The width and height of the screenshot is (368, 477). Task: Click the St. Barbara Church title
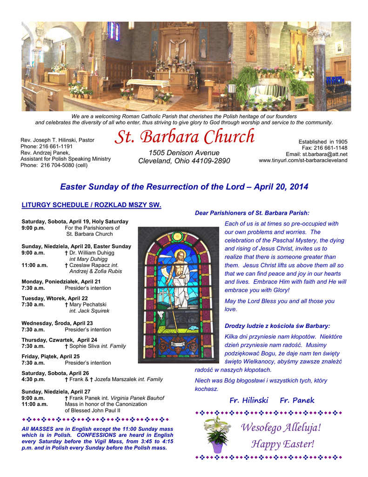tap(185, 136)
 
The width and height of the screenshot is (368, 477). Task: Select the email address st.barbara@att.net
tap(325, 154)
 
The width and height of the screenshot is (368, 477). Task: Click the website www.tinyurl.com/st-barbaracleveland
tap(303, 160)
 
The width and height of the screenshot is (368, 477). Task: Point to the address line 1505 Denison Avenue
tap(184, 153)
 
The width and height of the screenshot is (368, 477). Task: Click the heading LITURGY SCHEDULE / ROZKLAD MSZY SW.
tap(91, 205)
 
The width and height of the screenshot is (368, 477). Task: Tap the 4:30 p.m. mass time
tap(33, 379)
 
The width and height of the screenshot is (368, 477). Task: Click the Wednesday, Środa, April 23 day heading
tap(57, 323)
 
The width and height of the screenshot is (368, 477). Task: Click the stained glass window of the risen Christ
tap(178, 294)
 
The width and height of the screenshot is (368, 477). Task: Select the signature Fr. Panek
tap(297, 400)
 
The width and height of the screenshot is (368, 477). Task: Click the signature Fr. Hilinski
tap(248, 400)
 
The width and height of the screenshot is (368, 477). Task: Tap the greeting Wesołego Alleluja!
tap(281, 427)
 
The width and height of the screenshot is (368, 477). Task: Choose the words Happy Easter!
tap(282, 444)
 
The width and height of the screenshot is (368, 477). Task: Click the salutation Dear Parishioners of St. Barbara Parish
tap(252, 213)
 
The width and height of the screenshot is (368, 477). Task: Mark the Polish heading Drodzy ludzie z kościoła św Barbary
tap(277, 326)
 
